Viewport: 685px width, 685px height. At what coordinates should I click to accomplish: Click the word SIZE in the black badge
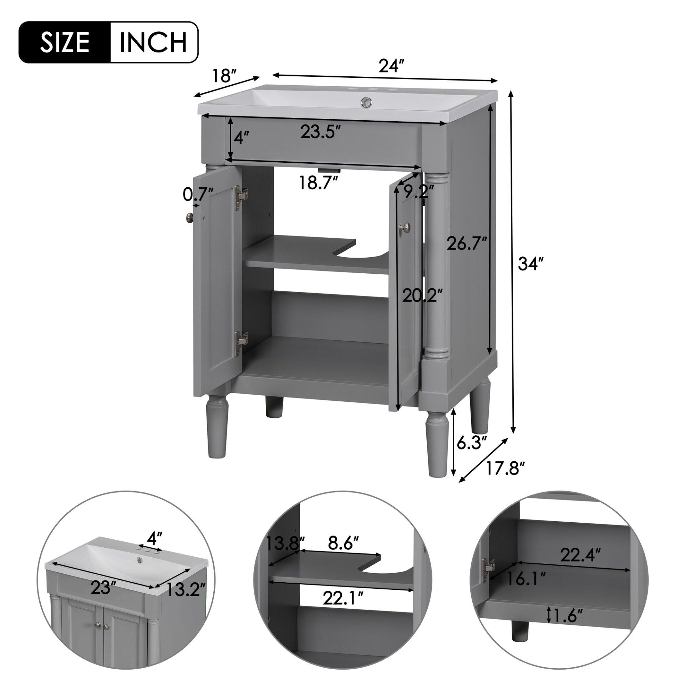[65, 42]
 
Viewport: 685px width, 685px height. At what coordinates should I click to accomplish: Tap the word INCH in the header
[153, 42]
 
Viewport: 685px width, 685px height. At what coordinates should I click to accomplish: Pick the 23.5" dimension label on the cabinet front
[319, 133]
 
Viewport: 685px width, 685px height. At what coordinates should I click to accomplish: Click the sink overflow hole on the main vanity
[367, 103]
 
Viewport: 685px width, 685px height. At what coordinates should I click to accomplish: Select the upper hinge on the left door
[241, 195]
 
